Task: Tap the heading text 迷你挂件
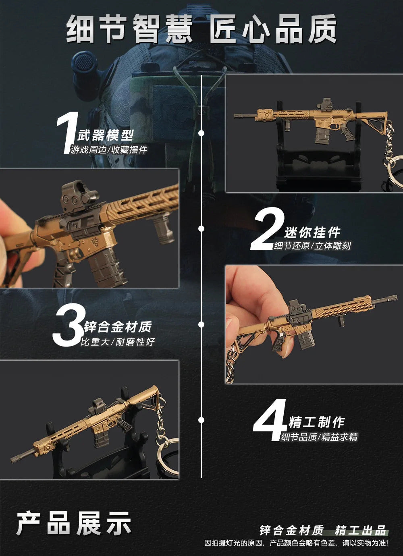click(312, 232)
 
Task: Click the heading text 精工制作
click(316, 422)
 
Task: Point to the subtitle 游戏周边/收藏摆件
click(109, 150)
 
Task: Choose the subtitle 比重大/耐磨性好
click(118, 342)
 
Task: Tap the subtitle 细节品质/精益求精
click(319, 437)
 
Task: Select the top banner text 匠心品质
click(272, 29)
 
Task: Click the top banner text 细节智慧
click(129, 29)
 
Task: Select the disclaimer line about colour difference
click(296, 543)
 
